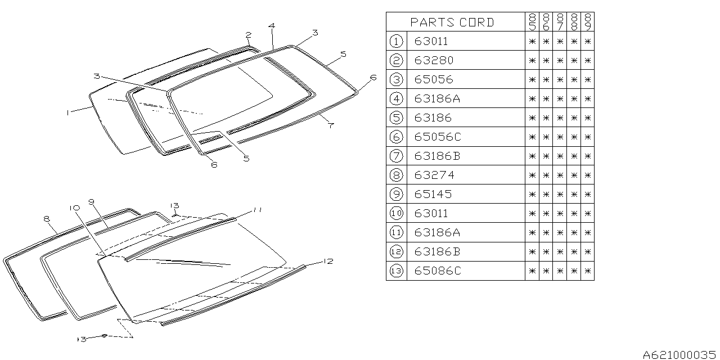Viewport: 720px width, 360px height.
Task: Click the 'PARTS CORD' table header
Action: (x=452, y=22)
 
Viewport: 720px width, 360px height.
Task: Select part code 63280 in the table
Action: (x=434, y=60)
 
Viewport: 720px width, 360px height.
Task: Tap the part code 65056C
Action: (x=437, y=137)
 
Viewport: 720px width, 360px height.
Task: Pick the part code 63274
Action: (x=434, y=175)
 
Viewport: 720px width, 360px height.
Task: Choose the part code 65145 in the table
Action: (x=433, y=194)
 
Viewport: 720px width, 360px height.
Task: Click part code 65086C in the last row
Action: (x=437, y=271)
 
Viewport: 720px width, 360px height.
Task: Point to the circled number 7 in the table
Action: (x=396, y=156)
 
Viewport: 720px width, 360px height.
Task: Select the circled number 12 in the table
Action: (x=396, y=251)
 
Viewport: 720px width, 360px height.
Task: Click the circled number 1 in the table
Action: (x=396, y=41)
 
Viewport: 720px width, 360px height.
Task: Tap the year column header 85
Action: (x=532, y=22)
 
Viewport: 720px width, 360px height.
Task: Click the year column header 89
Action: (x=588, y=22)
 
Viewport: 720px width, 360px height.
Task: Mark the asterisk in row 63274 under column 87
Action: (x=560, y=175)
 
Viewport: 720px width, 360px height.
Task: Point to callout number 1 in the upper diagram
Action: (x=67, y=112)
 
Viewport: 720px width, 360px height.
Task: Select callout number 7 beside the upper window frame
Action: (x=331, y=125)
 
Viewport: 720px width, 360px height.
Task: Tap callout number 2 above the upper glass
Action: (x=248, y=35)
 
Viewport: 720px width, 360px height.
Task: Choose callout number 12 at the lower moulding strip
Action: (x=328, y=261)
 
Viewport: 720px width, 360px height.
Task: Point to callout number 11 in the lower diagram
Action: (x=258, y=210)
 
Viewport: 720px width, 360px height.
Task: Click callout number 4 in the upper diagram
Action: (x=272, y=26)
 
